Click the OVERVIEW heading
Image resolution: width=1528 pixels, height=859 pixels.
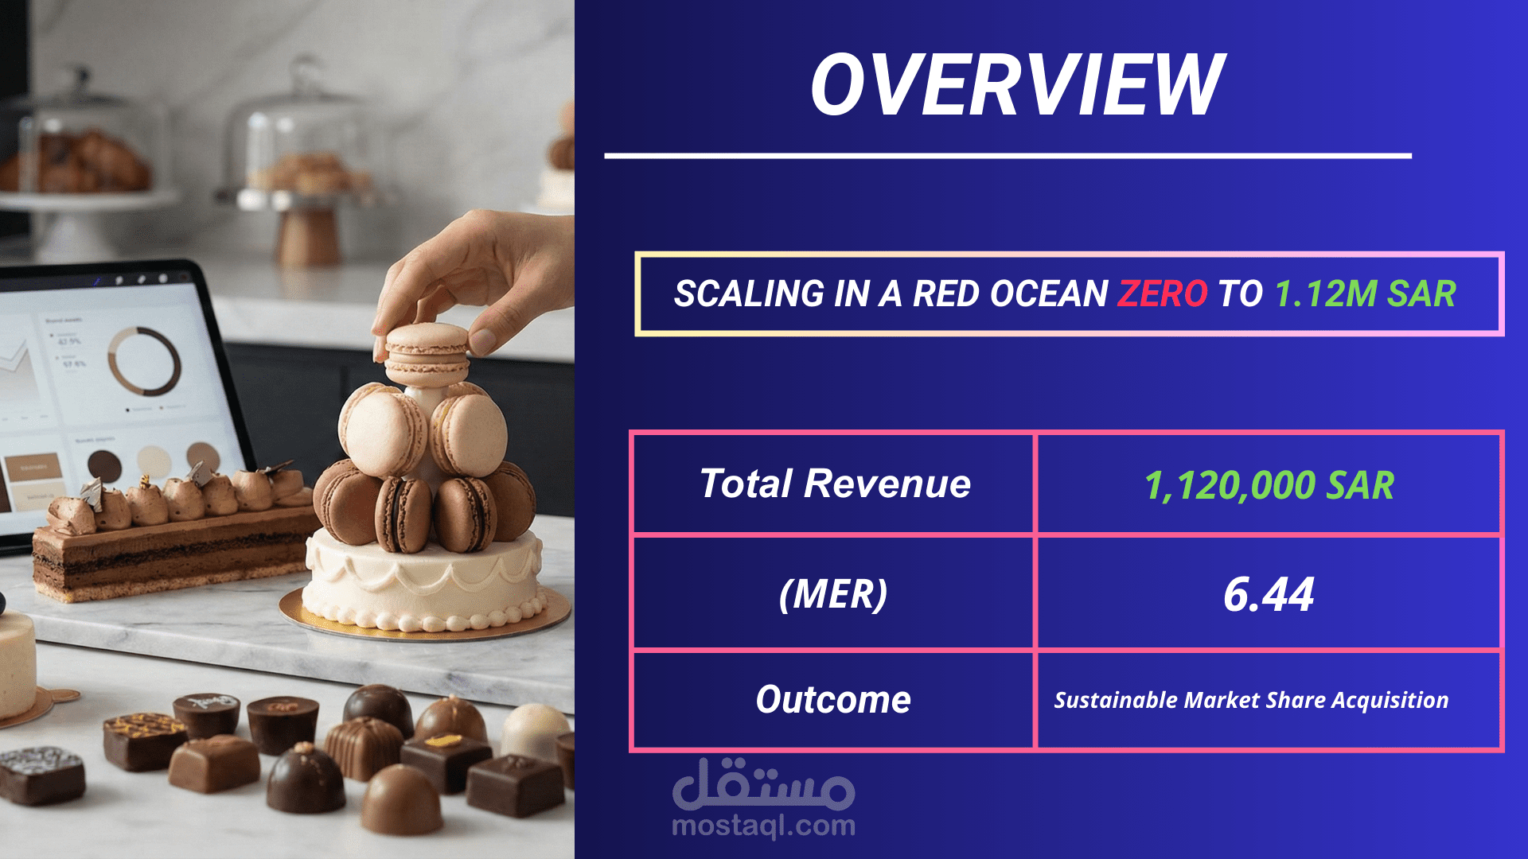pos(1018,84)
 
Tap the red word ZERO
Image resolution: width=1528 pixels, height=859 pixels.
pos(1163,293)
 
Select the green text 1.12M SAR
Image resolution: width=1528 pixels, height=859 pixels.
pos(1366,293)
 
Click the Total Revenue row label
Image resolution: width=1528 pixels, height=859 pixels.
pos(835,484)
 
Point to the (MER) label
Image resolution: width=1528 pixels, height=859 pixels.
pos(833,594)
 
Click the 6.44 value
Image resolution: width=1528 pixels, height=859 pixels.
pos(1269,594)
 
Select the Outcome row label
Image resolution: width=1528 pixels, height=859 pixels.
pos(833,700)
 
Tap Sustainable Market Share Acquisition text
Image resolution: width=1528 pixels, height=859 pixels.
pos(1251,700)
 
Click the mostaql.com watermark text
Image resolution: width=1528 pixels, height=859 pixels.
pos(764,826)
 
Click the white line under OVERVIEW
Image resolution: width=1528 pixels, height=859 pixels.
pos(1008,156)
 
